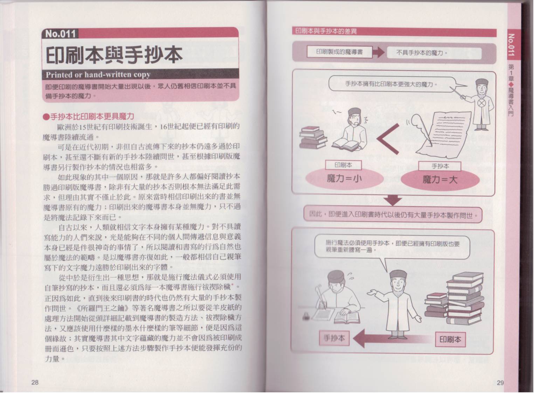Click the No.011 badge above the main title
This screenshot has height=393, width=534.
[60, 34]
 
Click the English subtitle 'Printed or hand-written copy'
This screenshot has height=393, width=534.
[98, 75]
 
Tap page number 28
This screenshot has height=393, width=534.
[35, 383]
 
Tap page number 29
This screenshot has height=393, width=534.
[500, 383]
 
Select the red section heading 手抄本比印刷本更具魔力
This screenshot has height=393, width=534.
[89, 116]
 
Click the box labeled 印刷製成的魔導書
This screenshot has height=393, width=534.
[339, 52]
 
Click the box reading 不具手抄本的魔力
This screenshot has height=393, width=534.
[422, 53]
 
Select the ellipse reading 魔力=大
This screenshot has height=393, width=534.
[440, 180]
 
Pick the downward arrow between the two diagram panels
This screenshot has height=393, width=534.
[393, 201]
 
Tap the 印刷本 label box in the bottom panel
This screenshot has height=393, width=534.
[450, 340]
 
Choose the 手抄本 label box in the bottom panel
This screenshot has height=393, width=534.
[334, 338]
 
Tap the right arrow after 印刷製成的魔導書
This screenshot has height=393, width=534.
[379, 52]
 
